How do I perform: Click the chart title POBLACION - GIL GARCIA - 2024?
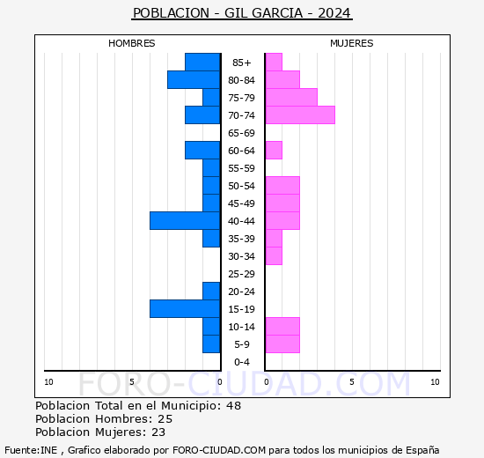(x=242, y=12)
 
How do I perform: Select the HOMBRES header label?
(x=131, y=43)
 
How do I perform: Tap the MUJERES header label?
(x=351, y=43)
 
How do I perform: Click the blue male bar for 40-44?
(x=185, y=220)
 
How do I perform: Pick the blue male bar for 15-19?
(x=185, y=308)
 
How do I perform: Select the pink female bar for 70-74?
(x=299, y=114)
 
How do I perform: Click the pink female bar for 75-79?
(x=290, y=97)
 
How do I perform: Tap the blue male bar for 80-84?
(x=194, y=79)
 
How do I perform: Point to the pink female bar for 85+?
(x=273, y=62)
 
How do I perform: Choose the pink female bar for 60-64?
(x=273, y=150)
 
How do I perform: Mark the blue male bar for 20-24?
(x=211, y=291)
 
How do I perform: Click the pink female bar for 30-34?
(x=273, y=255)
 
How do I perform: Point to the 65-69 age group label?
(x=242, y=133)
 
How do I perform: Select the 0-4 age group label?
(x=242, y=362)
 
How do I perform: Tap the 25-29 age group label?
(x=242, y=274)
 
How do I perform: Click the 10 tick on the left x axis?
(x=48, y=381)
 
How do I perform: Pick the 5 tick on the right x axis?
(x=351, y=381)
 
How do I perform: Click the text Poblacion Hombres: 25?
(x=104, y=418)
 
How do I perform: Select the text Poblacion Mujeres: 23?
(x=100, y=432)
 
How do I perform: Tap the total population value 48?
(x=233, y=405)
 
